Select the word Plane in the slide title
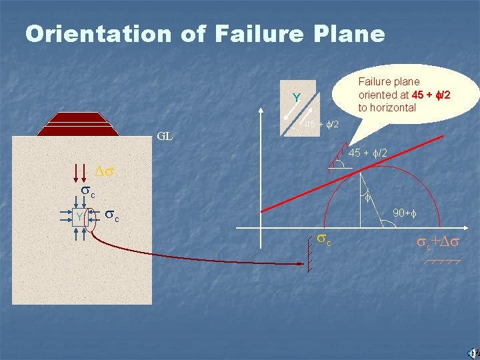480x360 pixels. coord(352,33)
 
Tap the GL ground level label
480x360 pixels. coord(165,137)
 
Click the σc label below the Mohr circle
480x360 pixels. coord(324,238)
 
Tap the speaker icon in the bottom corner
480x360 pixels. coord(471,352)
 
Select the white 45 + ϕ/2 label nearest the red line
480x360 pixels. coord(366,154)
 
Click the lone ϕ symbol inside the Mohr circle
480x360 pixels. coord(367,198)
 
